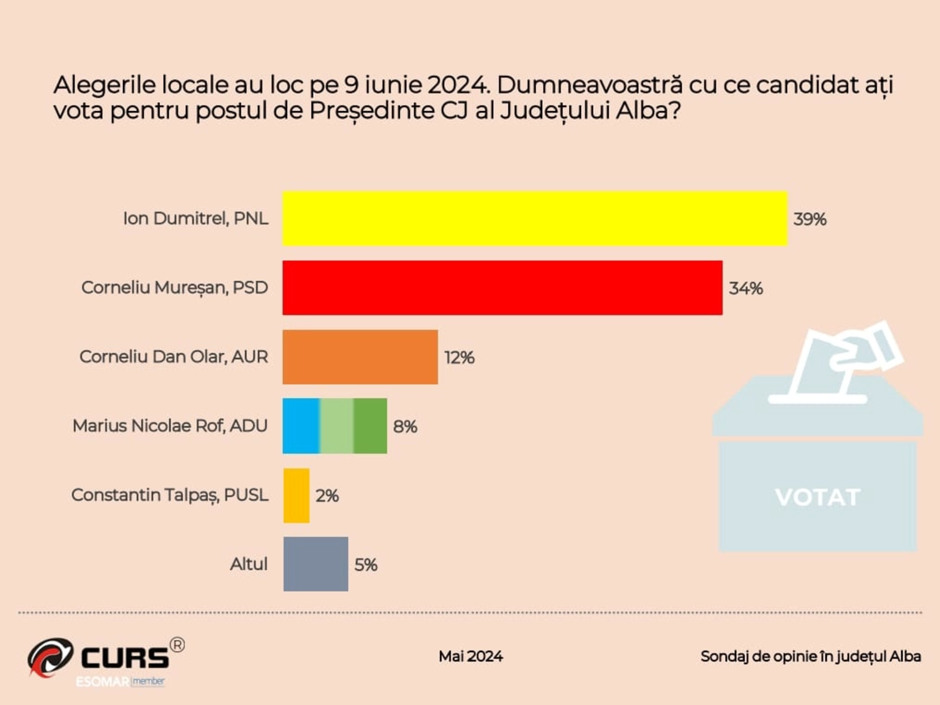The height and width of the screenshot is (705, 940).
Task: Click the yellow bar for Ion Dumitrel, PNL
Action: point(535,219)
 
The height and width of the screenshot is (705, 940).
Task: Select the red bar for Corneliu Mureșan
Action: point(502,288)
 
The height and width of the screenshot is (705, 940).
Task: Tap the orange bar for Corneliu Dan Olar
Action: point(360,357)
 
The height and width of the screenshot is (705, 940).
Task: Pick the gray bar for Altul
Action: point(315,564)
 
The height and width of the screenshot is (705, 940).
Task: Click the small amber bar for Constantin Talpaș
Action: point(296,495)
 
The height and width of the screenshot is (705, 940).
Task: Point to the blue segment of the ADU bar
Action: point(301,426)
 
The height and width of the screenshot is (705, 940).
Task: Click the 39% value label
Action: point(810,219)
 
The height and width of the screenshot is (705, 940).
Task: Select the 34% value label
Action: point(746,288)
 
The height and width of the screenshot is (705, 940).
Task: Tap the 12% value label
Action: point(459,357)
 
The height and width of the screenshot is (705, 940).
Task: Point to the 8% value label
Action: point(405,427)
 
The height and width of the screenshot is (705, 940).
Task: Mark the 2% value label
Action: point(327,496)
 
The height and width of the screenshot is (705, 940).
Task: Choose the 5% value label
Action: point(365,565)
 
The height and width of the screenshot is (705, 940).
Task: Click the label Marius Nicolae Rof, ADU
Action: point(170,426)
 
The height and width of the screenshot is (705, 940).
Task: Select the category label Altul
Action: point(249,564)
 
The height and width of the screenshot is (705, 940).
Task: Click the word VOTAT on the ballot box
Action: point(817,498)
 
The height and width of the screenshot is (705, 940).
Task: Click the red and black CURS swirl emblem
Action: point(50,656)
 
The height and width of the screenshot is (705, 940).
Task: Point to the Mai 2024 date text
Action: point(471,656)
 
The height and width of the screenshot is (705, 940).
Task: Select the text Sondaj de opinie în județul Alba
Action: point(810,656)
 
